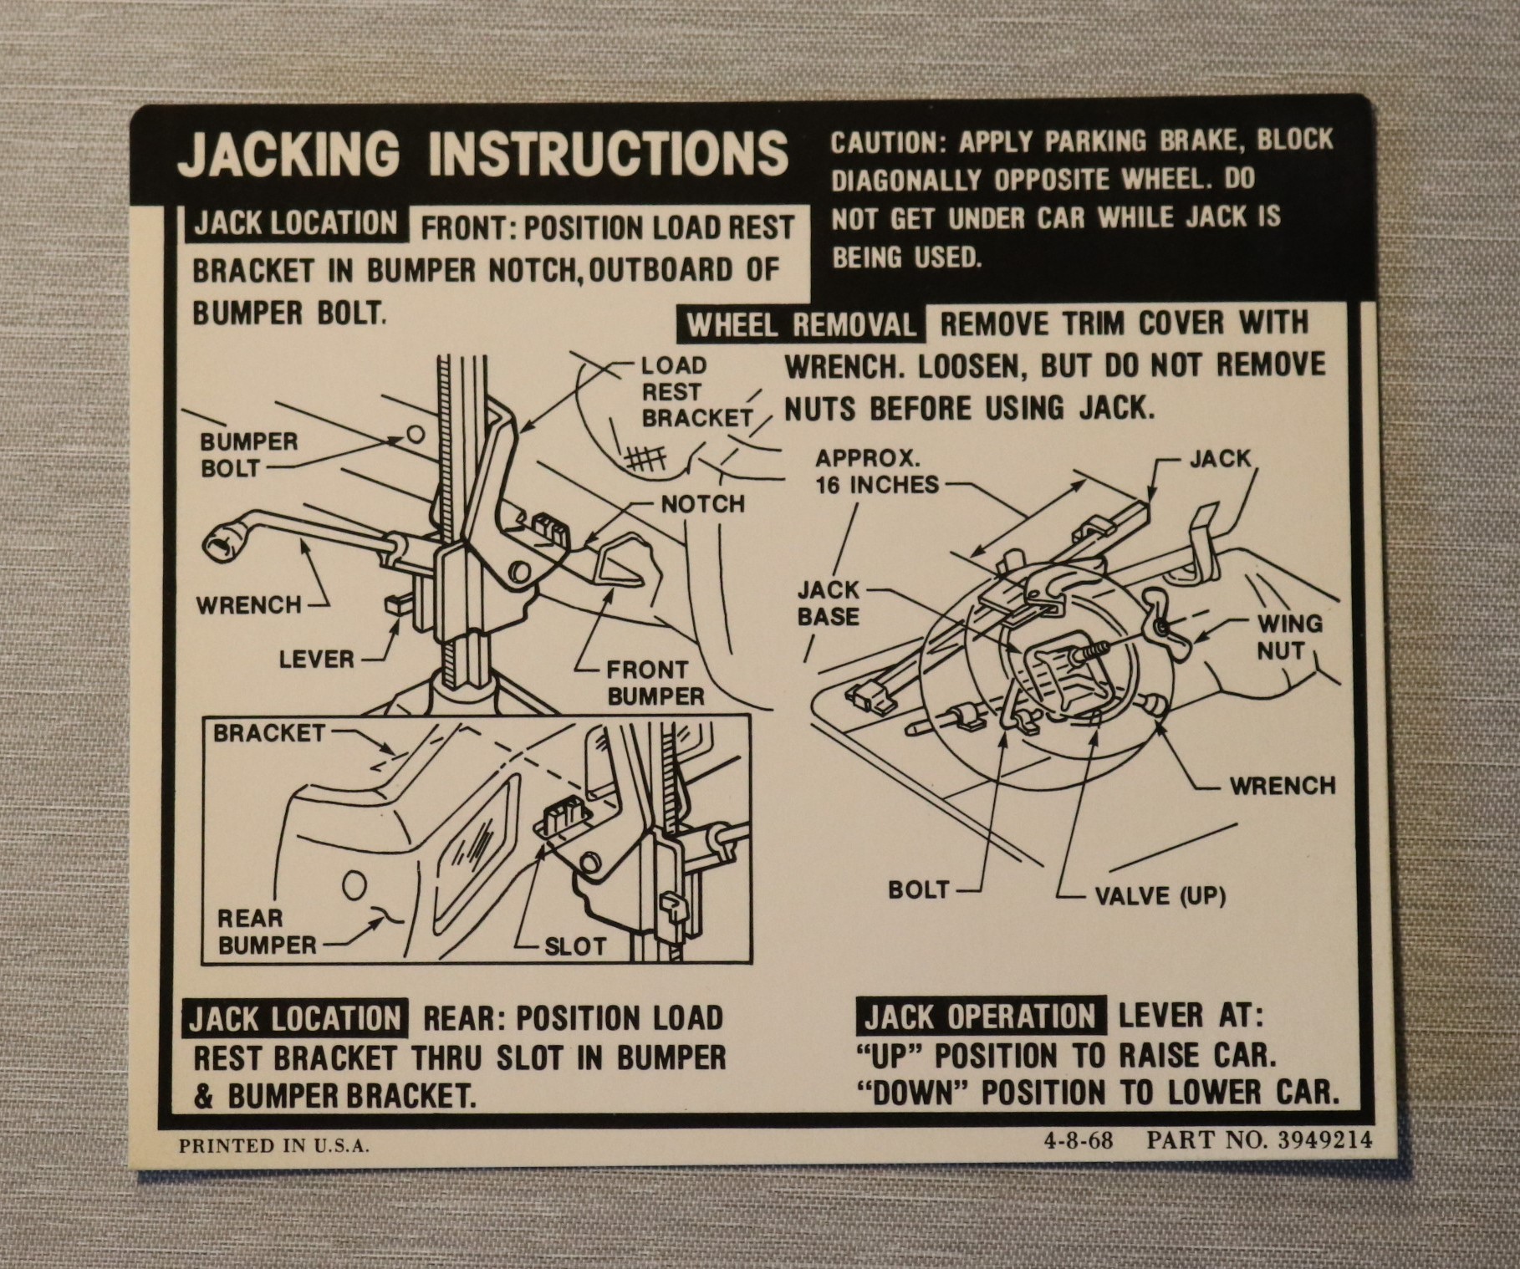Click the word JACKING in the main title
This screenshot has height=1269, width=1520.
pyautogui.click(x=288, y=154)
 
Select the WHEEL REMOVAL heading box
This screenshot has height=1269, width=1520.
pyautogui.click(x=802, y=324)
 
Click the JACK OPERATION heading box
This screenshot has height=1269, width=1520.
pyautogui.click(x=980, y=1017)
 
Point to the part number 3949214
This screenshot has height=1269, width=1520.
pyautogui.click(x=1325, y=1140)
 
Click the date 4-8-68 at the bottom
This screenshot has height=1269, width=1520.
pyautogui.click(x=1079, y=1140)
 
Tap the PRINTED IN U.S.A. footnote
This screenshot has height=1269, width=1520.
pyautogui.click(x=273, y=1145)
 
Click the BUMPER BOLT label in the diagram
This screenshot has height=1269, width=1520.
pyautogui.click(x=248, y=454)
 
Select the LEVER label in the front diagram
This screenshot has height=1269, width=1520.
pyautogui.click(x=316, y=659)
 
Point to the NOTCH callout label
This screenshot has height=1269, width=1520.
pyautogui.click(x=702, y=504)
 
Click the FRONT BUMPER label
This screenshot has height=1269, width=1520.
pyautogui.click(x=655, y=683)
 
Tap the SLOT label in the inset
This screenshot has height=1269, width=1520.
pyautogui.click(x=574, y=946)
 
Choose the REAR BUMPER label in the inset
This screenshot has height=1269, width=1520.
pyautogui.click(x=267, y=931)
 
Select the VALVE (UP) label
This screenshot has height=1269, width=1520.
pyautogui.click(x=1160, y=896)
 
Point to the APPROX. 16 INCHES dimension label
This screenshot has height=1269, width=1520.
pyautogui.click(x=877, y=471)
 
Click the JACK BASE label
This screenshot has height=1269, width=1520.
pyautogui.click(x=828, y=604)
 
